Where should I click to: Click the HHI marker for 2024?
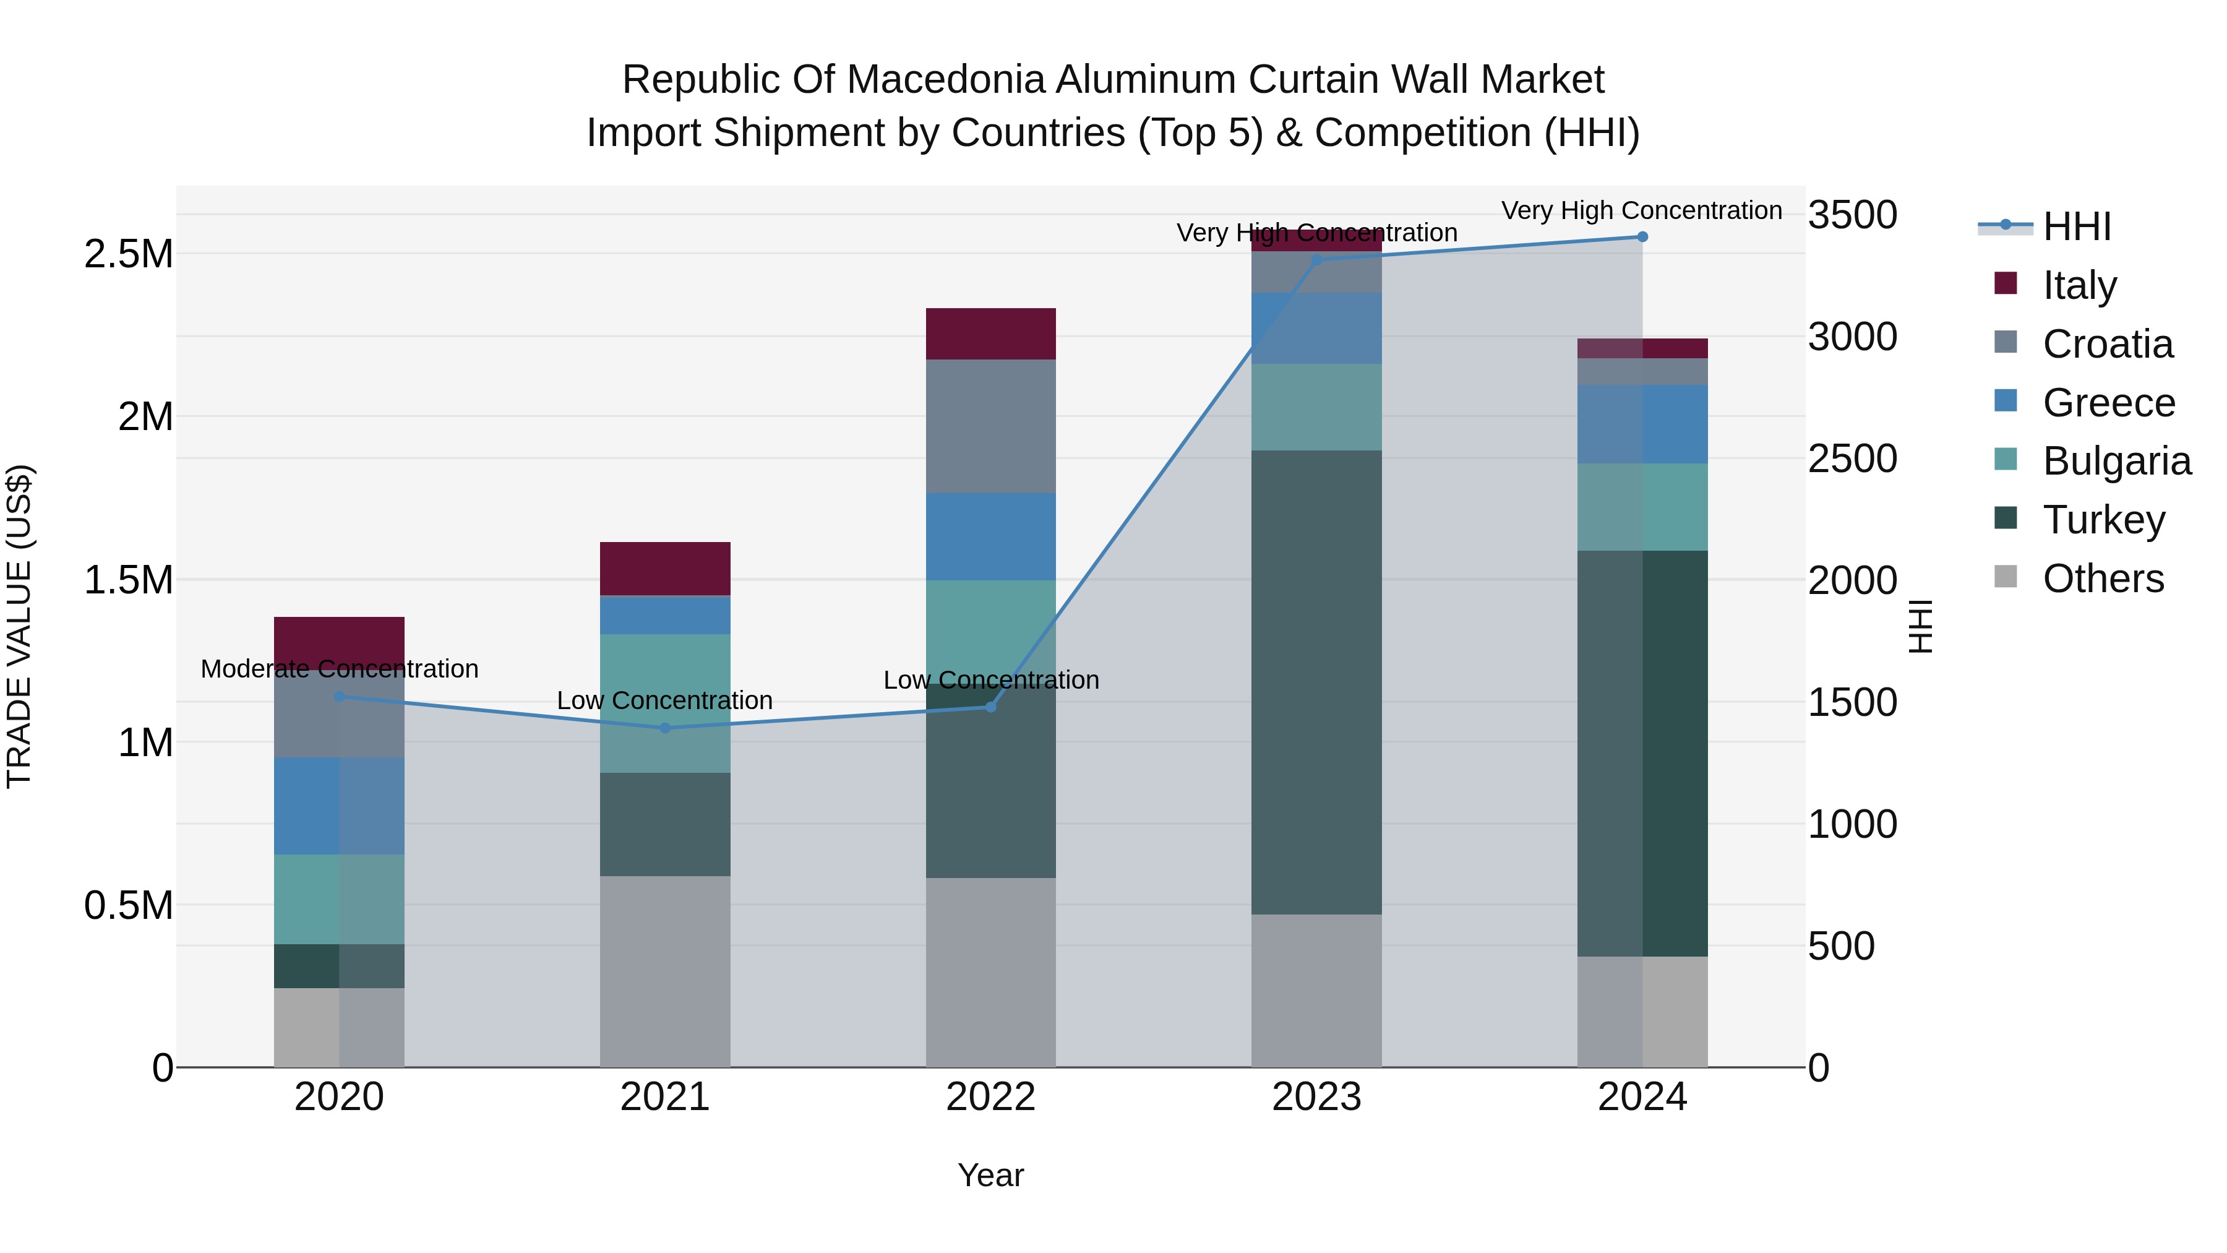point(1642,237)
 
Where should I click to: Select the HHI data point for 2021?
point(665,728)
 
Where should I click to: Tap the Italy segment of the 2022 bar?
point(991,334)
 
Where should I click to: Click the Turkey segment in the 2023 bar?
point(1316,682)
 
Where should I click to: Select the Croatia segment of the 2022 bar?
point(991,426)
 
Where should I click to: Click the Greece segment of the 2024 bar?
point(1642,424)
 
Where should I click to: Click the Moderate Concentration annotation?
point(339,670)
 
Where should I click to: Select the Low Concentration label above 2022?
point(991,681)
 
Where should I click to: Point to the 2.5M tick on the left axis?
point(128,254)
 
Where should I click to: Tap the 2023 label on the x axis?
point(1316,1097)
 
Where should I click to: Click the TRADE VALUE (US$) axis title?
point(19,626)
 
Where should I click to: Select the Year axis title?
point(991,1176)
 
